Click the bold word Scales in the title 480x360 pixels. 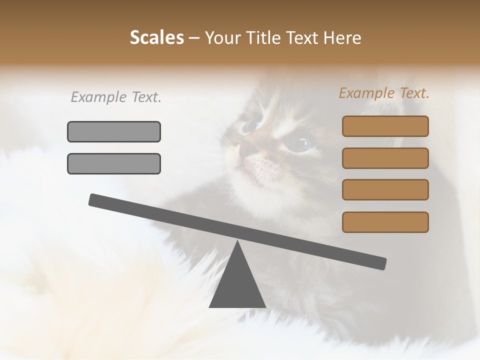click(x=156, y=37)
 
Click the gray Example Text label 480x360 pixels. click(x=116, y=97)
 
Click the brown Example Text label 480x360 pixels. click(x=384, y=93)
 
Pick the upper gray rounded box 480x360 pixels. click(x=114, y=131)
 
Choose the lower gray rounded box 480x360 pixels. click(x=114, y=163)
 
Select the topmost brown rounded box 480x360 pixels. click(x=385, y=126)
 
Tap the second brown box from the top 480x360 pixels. click(x=385, y=158)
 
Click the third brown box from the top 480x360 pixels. click(x=385, y=190)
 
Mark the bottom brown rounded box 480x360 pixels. click(x=385, y=222)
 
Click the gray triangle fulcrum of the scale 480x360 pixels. click(x=237, y=285)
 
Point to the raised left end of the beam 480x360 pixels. click(x=93, y=200)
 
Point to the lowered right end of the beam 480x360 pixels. click(x=381, y=263)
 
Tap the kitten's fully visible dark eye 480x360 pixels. click(x=298, y=143)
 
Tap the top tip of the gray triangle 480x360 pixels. click(x=237, y=242)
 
